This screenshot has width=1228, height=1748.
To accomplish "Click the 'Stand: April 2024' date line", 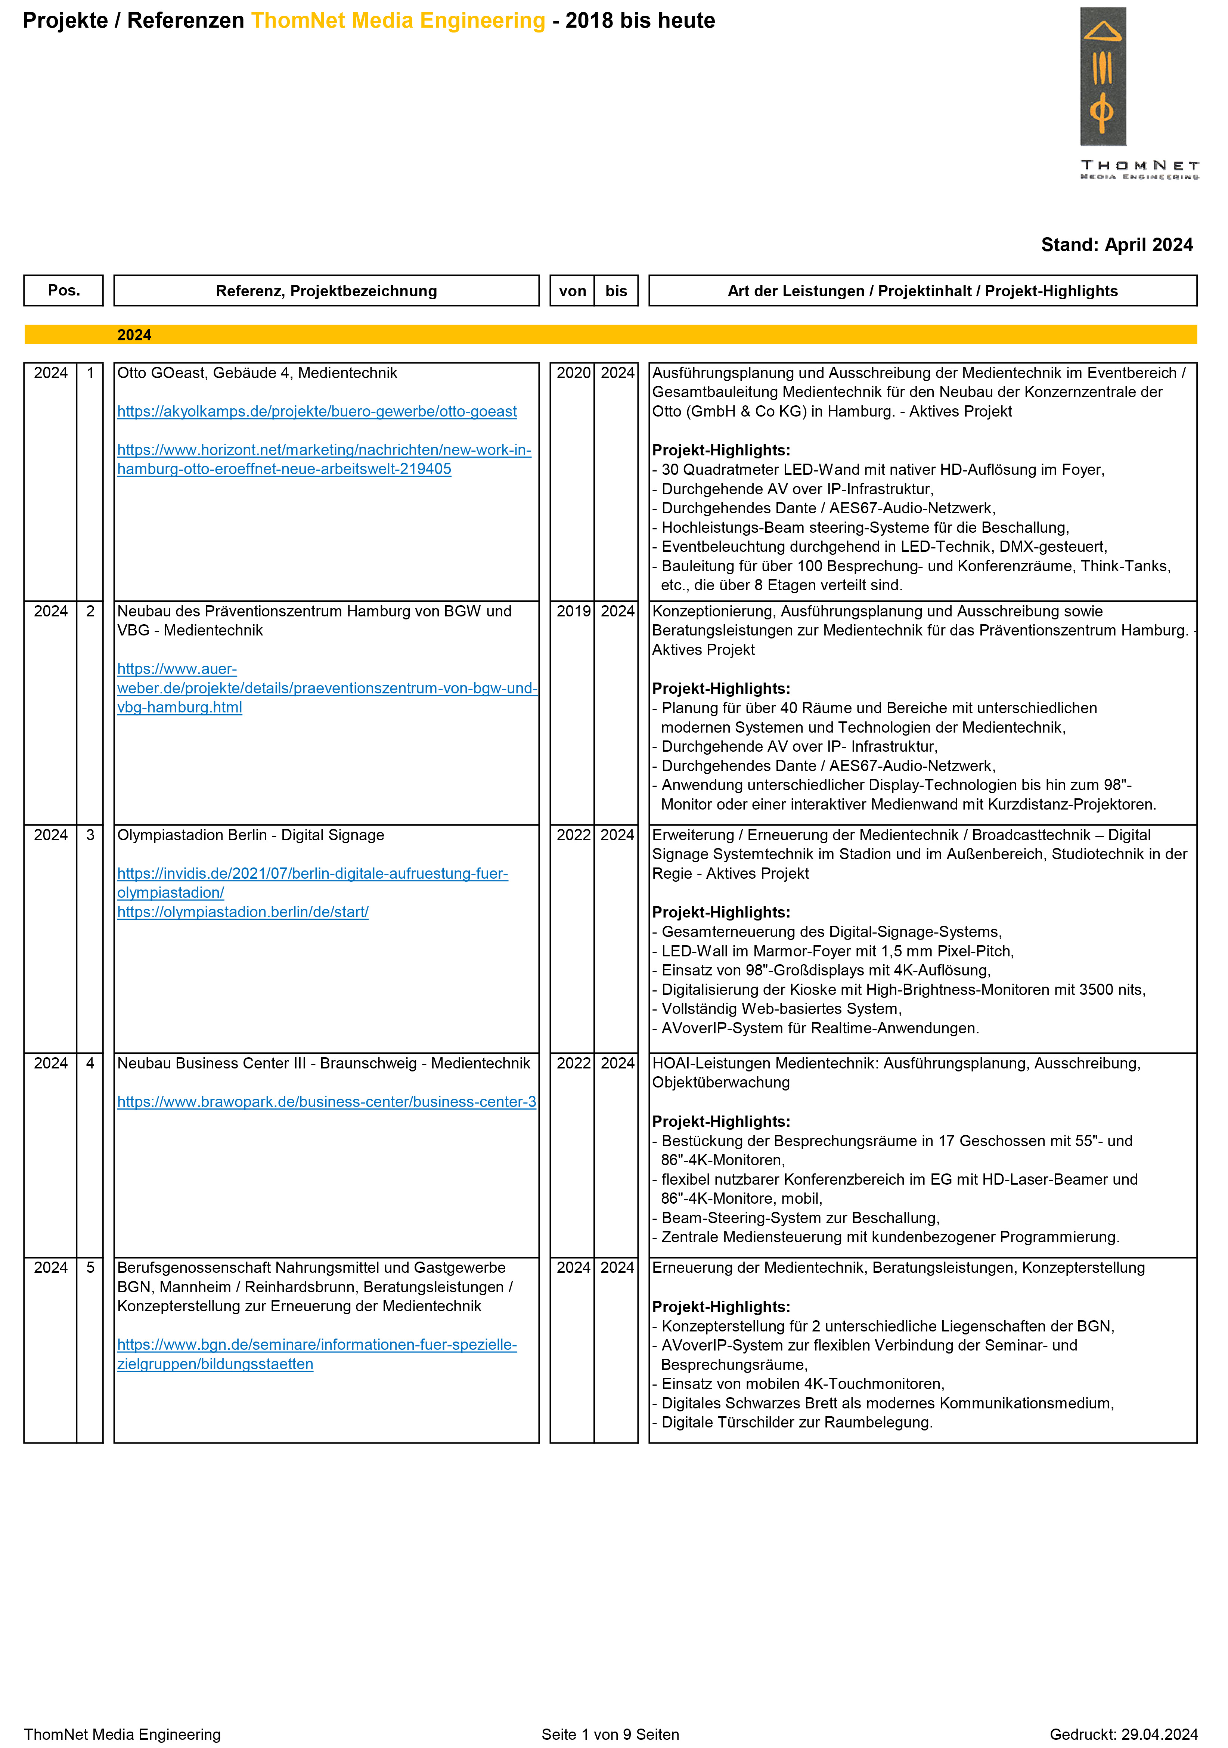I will pos(1116,245).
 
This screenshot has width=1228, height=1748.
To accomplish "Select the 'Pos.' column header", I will pos(64,290).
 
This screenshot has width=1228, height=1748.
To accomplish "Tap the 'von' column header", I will pos(573,291).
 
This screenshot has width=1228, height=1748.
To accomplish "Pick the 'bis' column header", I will pos(616,291).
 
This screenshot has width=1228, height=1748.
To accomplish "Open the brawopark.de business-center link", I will pos(326,1102).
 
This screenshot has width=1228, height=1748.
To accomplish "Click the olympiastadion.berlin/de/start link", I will pos(243,912).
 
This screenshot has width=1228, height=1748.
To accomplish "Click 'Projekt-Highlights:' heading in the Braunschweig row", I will pos(721,1121).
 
